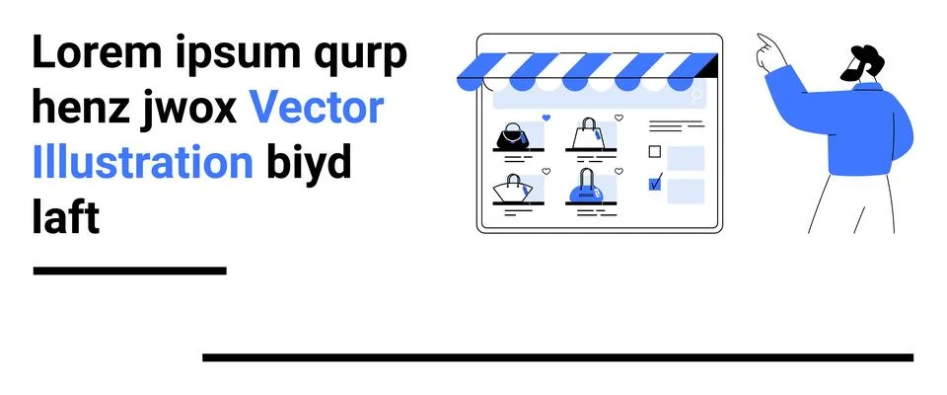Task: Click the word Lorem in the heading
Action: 98,52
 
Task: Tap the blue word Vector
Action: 317,109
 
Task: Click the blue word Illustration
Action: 142,162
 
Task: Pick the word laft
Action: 65,216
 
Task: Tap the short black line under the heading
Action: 130,271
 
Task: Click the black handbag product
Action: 512,136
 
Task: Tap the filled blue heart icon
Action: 546,118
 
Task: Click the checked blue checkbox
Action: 655,184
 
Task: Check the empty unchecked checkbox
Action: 655,151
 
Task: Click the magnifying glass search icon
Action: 697,96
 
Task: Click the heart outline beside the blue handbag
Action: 619,171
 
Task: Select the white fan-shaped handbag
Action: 512,190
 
